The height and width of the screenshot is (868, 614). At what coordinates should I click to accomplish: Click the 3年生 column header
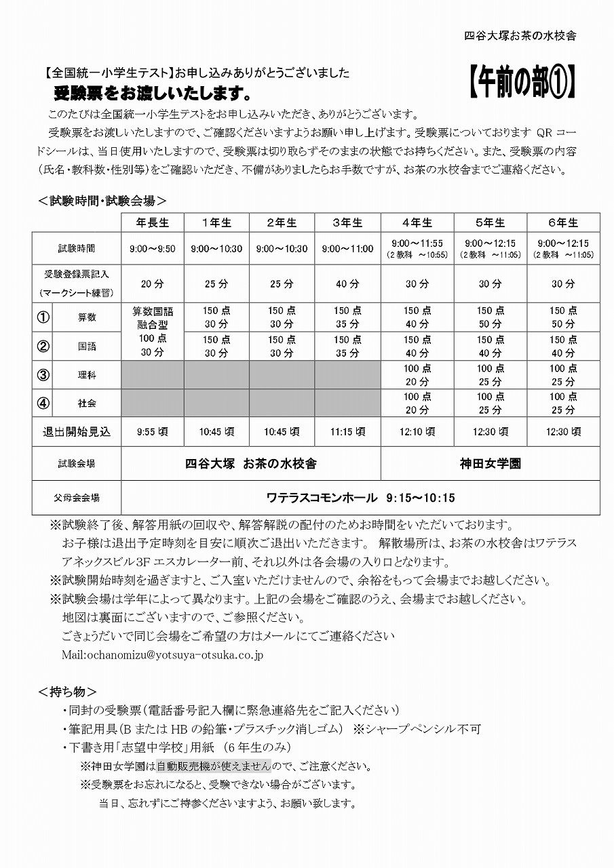point(348,222)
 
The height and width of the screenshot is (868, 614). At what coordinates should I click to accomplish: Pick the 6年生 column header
point(563,222)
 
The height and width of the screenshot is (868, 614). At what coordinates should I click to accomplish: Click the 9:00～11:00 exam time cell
point(348,249)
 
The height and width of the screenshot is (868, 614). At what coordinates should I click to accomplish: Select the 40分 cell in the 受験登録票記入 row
point(348,283)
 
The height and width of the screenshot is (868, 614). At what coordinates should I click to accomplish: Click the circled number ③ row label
point(43,375)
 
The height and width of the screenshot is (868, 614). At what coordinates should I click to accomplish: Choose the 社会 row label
point(87,403)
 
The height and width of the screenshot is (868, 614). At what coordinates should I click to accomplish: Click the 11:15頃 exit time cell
point(348,431)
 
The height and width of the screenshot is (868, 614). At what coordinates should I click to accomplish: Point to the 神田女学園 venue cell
point(490,465)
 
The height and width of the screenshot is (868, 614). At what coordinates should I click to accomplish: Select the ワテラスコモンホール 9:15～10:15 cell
point(360,498)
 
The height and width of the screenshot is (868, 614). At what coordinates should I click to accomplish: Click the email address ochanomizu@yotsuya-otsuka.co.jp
point(162,654)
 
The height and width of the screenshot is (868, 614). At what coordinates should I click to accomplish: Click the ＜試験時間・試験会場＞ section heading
point(102,201)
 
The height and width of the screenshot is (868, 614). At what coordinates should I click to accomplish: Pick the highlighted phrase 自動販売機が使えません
point(214,766)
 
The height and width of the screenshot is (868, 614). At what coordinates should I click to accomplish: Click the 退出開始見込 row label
point(76,431)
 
